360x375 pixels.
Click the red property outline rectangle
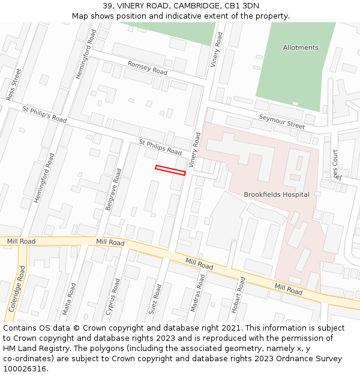pyautogui.click(x=170, y=170)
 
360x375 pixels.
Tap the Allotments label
pyautogui.click(x=301, y=47)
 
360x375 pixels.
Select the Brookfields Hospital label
pyautogui.click(x=276, y=194)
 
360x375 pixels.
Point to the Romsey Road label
pyautogui.click(x=147, y=67)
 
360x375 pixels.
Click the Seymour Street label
pyautogui.click(x=282, y=121)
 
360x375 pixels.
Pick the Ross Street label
pyautogui.click(x=13, y=84)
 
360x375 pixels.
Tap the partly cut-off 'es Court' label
pyautogui.click(x=336, y=164)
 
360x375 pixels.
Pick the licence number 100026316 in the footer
pyautogui.click(x=23, y=369)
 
